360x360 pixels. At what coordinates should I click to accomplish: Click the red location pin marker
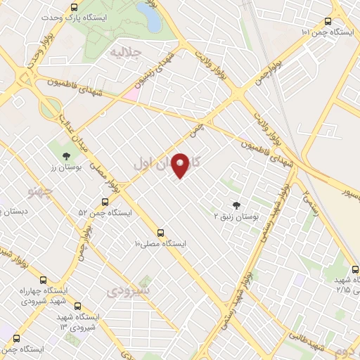coord(181,165)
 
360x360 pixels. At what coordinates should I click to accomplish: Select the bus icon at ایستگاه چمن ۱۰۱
coord(328,22)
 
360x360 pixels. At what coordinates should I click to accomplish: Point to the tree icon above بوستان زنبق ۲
coord(236,205)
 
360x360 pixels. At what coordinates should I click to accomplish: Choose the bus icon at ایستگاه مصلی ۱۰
coord(161,233)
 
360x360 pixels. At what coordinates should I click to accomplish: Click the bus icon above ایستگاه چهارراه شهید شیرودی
coord(44,279)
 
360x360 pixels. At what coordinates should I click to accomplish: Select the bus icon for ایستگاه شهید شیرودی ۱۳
coord(77,307)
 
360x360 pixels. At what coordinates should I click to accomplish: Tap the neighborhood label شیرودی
coord(129,290)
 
